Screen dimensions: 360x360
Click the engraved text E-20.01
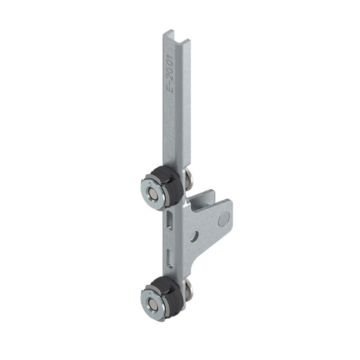pyautogui.click(x=171, y=73)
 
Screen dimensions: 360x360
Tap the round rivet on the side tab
pyautogui.click(x=224, y=219)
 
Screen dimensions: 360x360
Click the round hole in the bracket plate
pyautogui.click(x=196, y=237)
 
